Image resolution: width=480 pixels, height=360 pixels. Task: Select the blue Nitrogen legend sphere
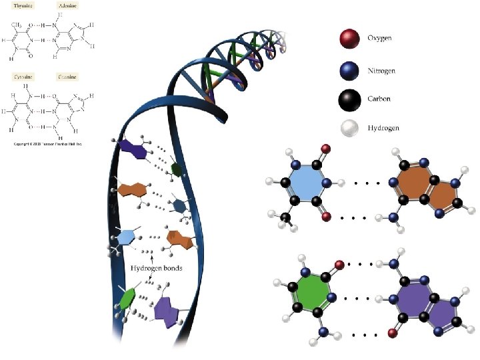click(x=347, y=69)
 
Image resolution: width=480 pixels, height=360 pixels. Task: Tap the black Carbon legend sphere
click(x=347, y=99)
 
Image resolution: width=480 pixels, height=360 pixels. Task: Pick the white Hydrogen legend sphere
click(x=347, y=128)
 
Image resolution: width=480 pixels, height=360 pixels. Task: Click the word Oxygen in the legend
click(x=380, y=38)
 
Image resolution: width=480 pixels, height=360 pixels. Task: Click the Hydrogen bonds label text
click(x=157, y=269)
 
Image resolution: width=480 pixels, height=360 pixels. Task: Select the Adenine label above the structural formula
click(x=68, y=4)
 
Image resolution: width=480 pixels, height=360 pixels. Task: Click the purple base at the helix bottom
click(x=167, y=309)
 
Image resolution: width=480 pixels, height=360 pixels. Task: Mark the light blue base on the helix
click(x=125, y=237)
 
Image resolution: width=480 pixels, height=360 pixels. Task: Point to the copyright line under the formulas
click(x=46, y=143)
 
